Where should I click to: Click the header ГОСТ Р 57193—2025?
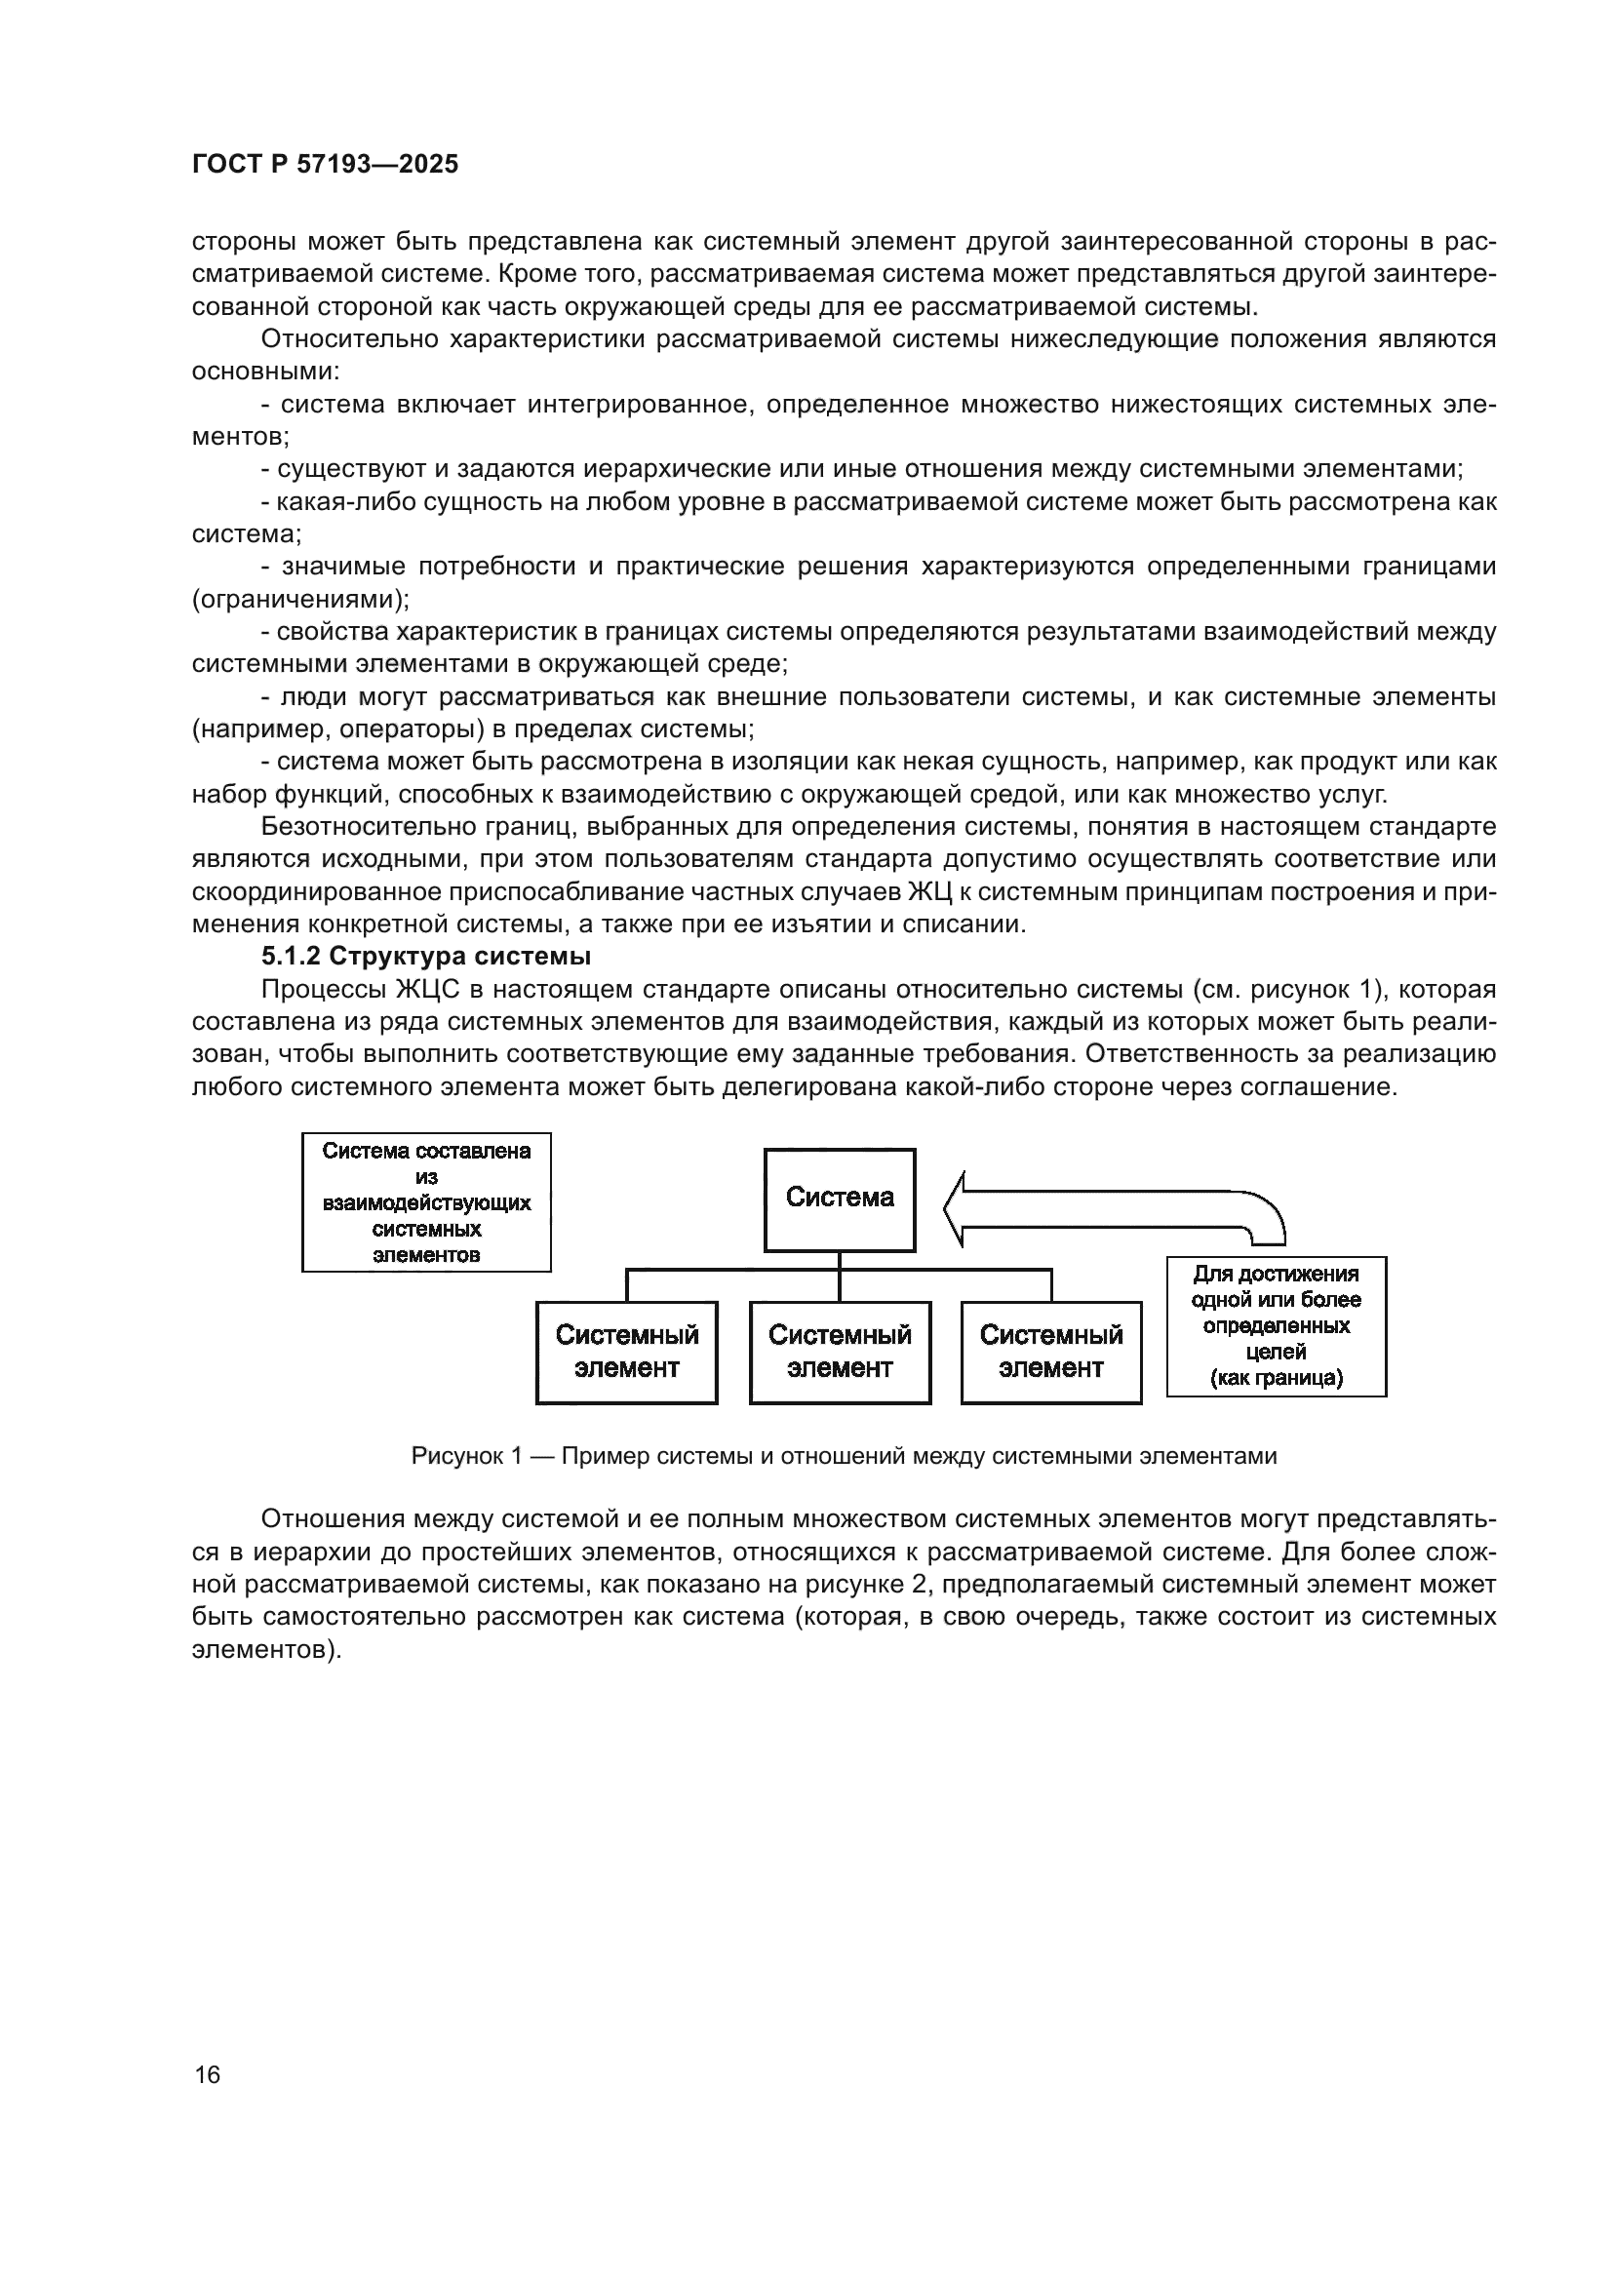pos(325,165)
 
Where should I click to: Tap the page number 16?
pos(208,2074)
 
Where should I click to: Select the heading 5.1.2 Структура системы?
pos(426,957)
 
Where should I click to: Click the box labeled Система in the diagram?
pos(840,1199)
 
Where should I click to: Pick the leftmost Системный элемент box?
pos(627,1352)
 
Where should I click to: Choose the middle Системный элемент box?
pos(840,1352)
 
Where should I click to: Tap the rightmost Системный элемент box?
pos(1051,1352)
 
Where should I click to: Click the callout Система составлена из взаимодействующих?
pos(426,1202)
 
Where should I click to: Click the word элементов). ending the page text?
pos(266,1649)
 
